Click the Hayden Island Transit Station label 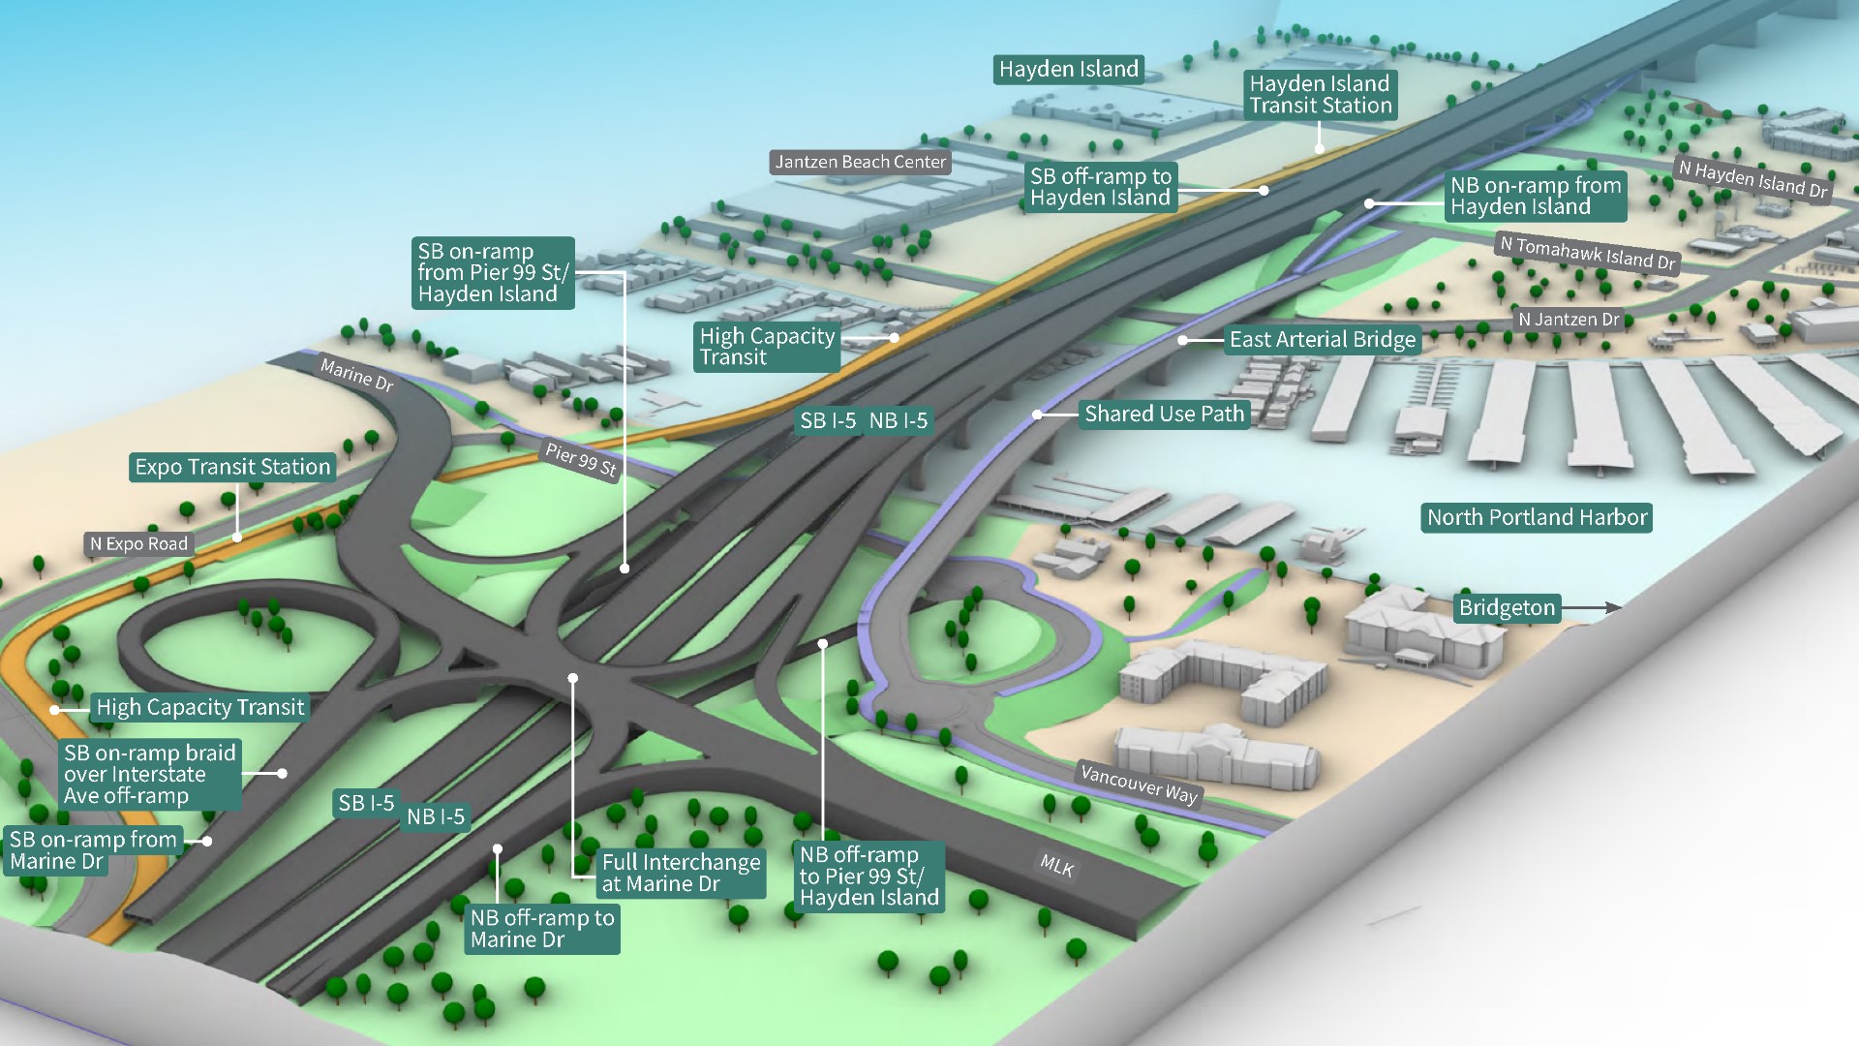click(1320, 95)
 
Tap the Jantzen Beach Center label click(860, 162)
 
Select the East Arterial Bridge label click(1323, 340)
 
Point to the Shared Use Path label click(1164, 415)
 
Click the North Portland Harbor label click(1537, 517)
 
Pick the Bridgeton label click(1507, 608)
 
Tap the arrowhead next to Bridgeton click(1613, 608)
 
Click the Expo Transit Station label click(232, 467)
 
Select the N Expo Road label click(138, 544)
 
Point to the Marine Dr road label click(356, 375)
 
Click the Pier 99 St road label click(581, 460)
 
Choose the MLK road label click(1056, 865)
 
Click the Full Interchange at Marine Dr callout click(681, 873)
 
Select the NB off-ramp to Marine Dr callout click(542, 929)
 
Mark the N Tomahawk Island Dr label click(1587, 253)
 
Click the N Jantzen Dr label click(1569, 320)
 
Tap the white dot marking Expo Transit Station click(236, 538)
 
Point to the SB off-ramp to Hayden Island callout click(1101, 187)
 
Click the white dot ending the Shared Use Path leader click(1037, 415)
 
